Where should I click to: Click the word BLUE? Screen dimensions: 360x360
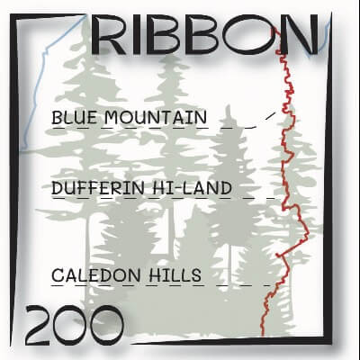(73, 117)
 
